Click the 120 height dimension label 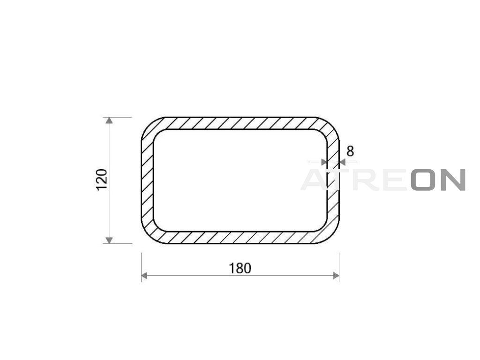click(x=102, y=180)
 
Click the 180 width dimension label click(x=240, y=268)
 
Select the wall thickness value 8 click(x=350, y=151)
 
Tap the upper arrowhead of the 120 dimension click(x=109, y=120)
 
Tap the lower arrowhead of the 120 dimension click(x=109, y=240)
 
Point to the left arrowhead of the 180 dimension click(x=144, y=276)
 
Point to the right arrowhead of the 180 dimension click(x=336, y=276)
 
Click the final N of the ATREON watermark click(x=453, y=180)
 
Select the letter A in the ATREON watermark click(x=315, y=180)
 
